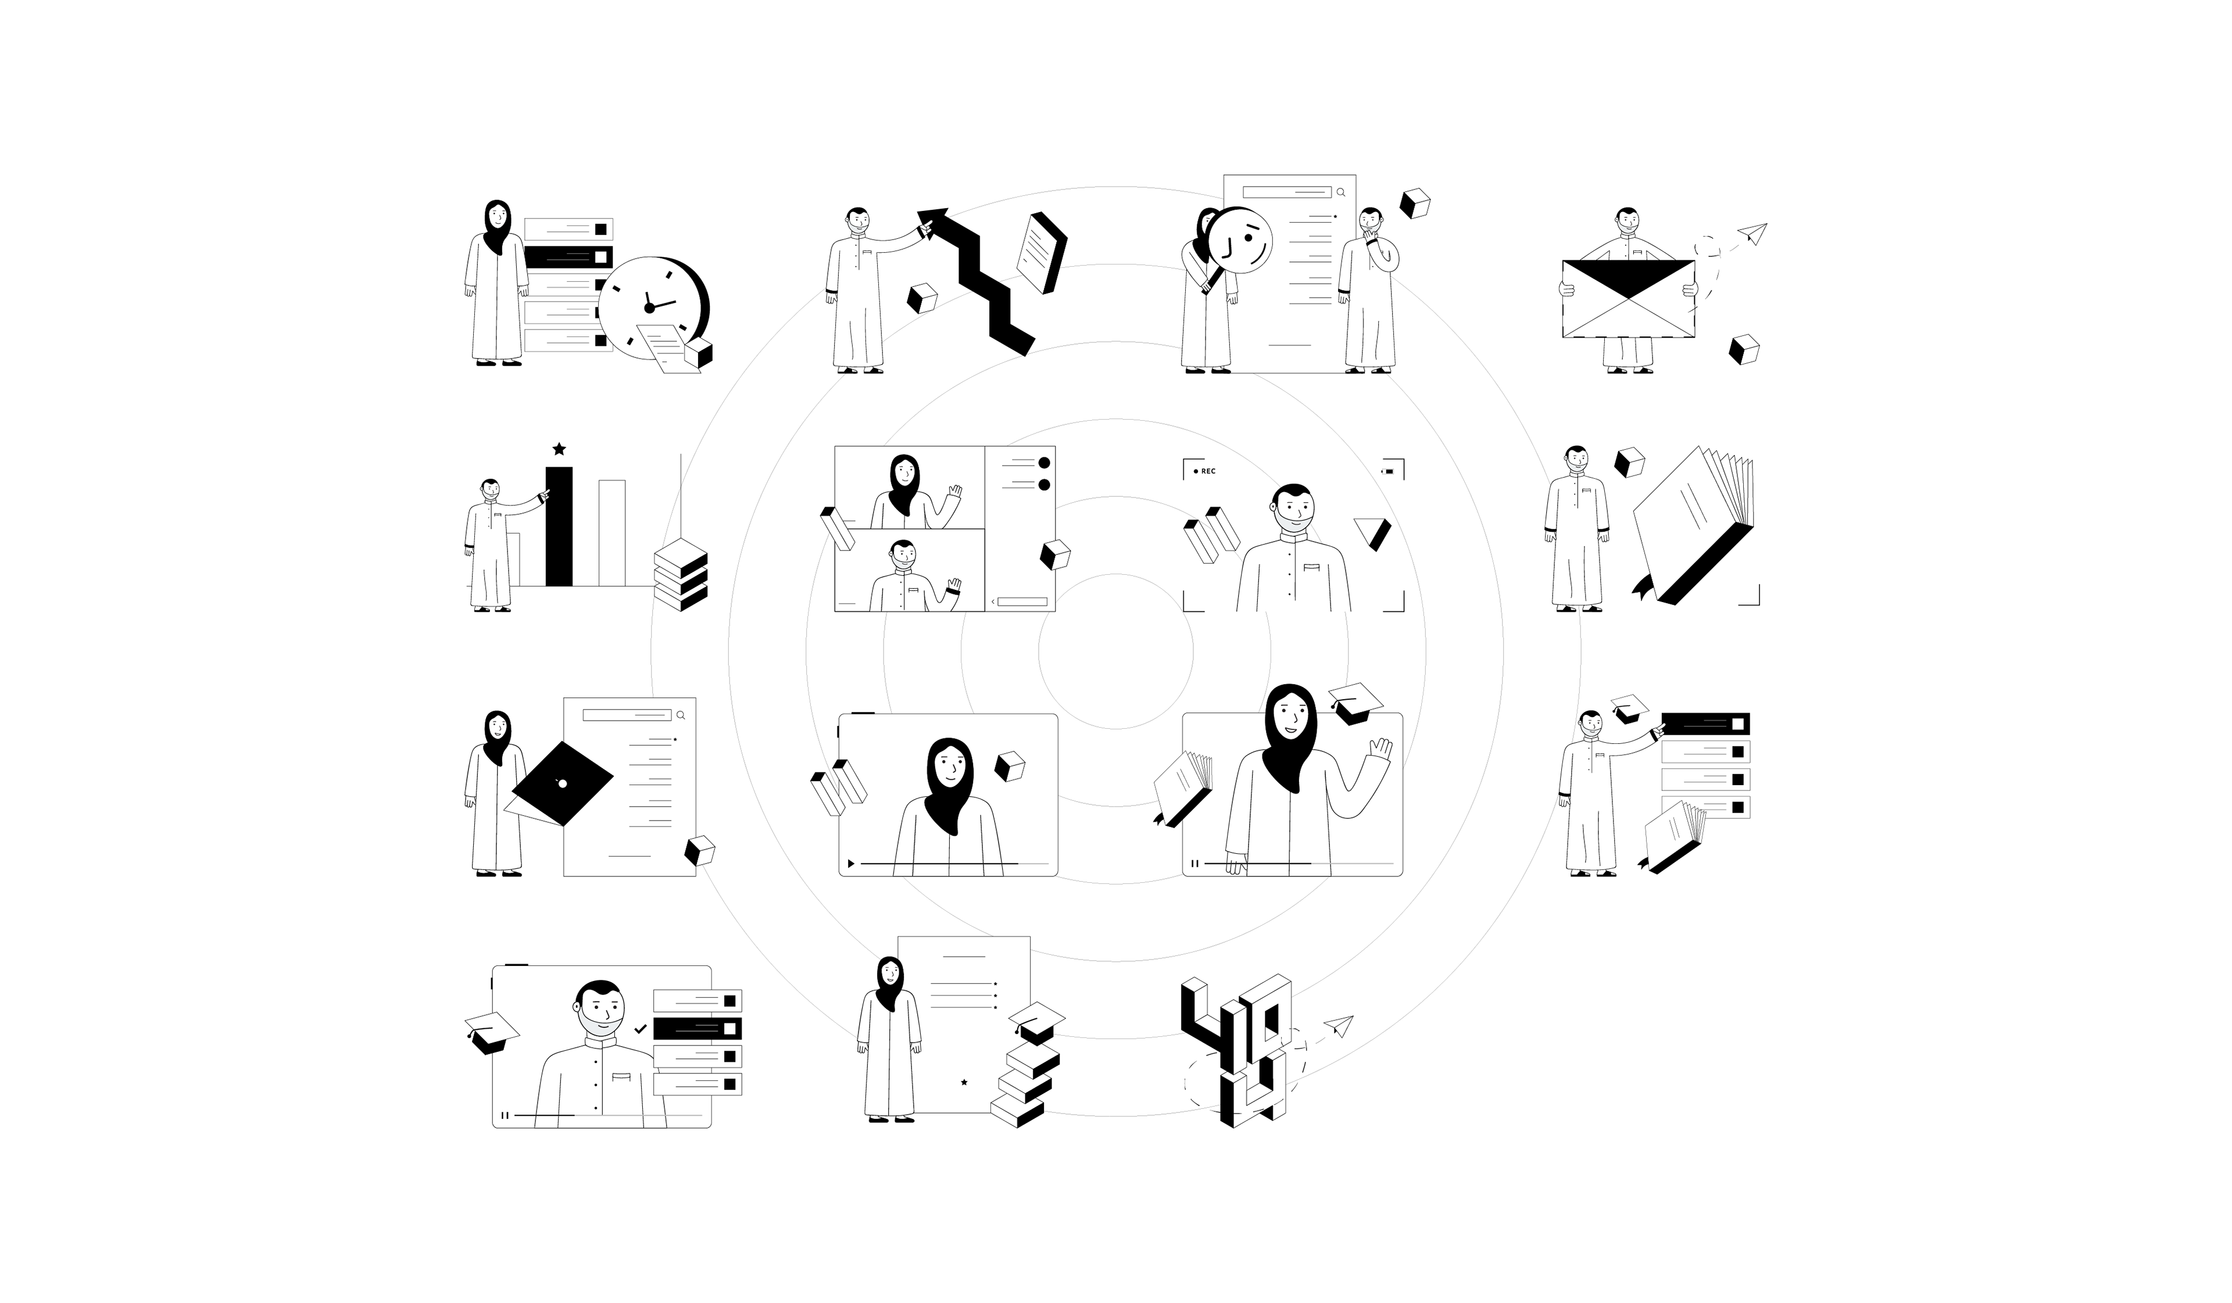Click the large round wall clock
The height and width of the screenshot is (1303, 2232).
pos(651,307)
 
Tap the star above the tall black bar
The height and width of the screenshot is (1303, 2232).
pos(559,449)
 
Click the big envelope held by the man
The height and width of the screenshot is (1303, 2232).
pos(1628,299)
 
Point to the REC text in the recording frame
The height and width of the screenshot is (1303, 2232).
pos(1208,471)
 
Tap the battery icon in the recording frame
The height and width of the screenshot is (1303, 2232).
pos(1388,471)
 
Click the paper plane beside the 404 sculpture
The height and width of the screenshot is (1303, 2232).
pos(1339,1026)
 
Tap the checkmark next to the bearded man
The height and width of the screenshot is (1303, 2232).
pos(641,1029)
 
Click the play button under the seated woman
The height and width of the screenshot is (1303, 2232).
pos(851,863)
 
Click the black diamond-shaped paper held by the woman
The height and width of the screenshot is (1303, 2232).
pos(563,784)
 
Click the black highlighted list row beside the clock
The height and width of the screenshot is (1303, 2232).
pos(568,257)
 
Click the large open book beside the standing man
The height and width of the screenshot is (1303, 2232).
pos(1691,522)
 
